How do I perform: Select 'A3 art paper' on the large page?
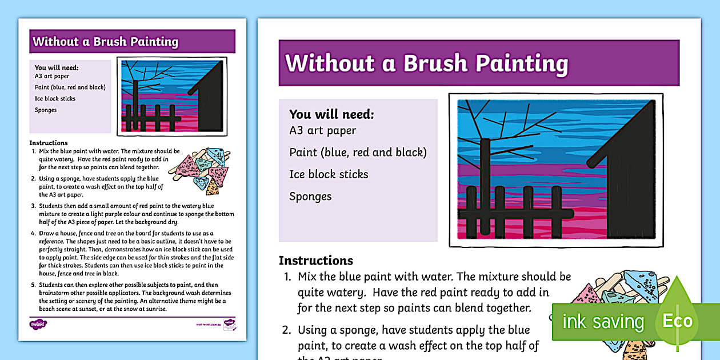(x=322, y=130)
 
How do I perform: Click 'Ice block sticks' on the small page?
(x=55, y=98)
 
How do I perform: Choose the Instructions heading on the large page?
(x=315, y=261)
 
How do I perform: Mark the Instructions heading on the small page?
(x=49, y=143)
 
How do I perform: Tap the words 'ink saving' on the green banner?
(x=603, y=322)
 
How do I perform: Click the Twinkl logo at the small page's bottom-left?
(x=37, y=324)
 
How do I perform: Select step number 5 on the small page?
(x=33, y=285)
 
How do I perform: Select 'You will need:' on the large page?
(x=331, y=114)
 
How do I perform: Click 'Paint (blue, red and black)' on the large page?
(x=358, y=152)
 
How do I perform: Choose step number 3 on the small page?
(x=33, y=205)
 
